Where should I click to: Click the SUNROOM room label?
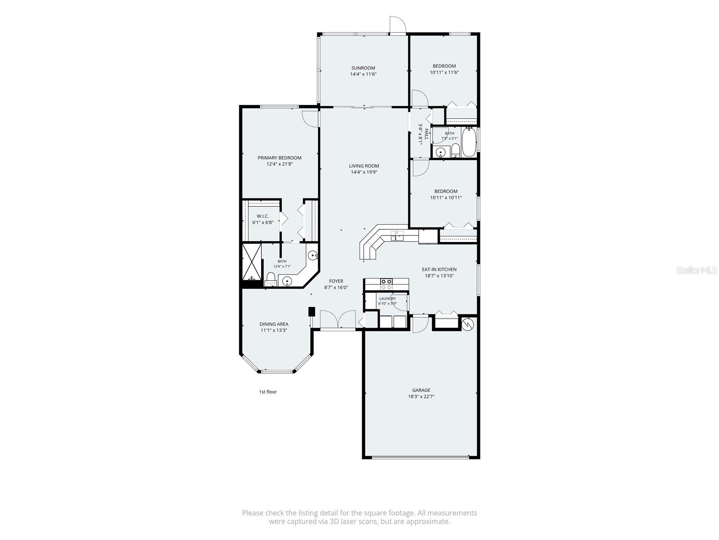coord(363,68)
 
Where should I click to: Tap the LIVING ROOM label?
coord(364,166)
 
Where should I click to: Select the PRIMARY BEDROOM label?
coord(280,157)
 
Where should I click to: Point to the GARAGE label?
coord(421,390)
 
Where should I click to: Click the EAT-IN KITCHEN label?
coord(439,270)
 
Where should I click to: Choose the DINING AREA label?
coord(274,324)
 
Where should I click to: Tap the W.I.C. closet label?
coord(263,216)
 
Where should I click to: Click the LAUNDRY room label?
coord(387,299)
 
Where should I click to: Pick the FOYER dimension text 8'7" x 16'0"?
coord(336,288)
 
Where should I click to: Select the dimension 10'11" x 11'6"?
coord(444,72)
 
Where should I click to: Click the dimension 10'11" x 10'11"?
coord(446,198)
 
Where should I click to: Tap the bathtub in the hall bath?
coord(469,142)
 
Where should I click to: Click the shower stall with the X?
coord(252,261)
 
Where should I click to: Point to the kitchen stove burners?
coord(386,284)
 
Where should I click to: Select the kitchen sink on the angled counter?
coord(397,235)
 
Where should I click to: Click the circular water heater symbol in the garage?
coord(467,324)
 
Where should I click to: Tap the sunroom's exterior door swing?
coord(398,25)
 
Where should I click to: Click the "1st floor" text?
coord(268,392)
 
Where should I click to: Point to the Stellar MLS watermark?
coord(697,270)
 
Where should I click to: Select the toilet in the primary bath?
coord(271,279)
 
